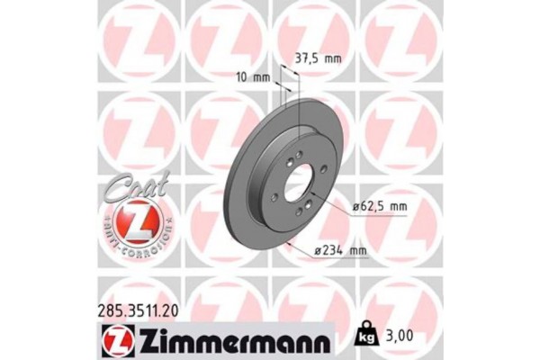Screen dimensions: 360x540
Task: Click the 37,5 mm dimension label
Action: pyautogui.click(x=319, y=58)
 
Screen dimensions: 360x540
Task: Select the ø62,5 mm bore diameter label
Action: pyautogui.click(x=380, y=206)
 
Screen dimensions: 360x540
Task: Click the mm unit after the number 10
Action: pyautogui.click(x=265, y=76)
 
